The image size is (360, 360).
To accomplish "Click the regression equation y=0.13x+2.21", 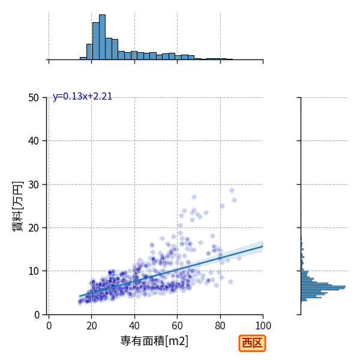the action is (82, 97).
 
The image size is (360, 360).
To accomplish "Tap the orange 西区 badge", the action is (252, 343).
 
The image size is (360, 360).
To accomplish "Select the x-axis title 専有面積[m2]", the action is (154, 341).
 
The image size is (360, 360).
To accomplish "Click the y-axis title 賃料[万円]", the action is (17, 206).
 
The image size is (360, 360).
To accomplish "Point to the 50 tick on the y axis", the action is (34, 98).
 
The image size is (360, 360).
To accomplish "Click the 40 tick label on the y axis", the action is (34, 141).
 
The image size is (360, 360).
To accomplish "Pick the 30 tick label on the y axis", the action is (34, 184).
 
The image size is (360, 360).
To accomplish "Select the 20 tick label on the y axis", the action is (34, 228).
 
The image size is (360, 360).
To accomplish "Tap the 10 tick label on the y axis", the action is (34, 271).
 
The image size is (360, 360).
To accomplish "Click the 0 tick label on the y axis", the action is (37, 315).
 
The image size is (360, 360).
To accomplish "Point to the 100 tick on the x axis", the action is (263, 326).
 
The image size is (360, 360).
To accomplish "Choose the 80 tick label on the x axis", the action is (220, 326).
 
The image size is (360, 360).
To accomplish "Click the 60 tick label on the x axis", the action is (177, 326).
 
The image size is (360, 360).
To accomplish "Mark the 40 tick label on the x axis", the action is (134, 326).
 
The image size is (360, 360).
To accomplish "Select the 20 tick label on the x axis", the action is (91, 326).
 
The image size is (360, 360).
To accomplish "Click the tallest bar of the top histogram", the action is (102, 37).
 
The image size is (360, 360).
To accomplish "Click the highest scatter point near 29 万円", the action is (232, 191).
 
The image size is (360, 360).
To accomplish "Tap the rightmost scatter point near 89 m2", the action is (239, 258).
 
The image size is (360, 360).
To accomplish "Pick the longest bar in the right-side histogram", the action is (323, 287).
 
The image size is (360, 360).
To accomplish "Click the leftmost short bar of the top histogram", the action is (83, 59).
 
